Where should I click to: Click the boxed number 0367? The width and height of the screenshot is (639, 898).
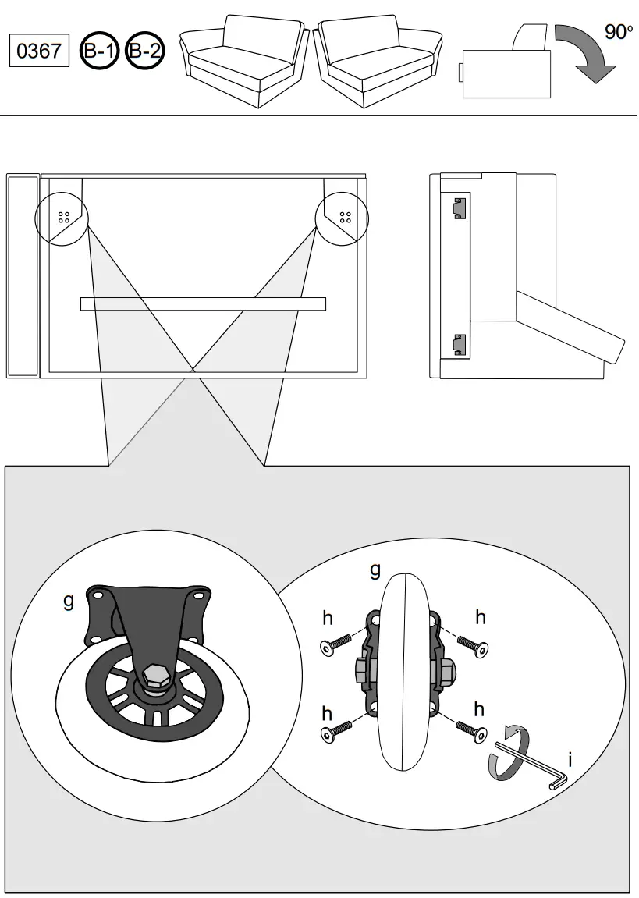click(x=39, y=51)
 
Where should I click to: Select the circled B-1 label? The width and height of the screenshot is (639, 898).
click(x=100, y=51)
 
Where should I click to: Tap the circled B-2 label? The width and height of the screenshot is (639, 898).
click(x=144, y=51)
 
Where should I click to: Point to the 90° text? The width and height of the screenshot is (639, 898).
click(x=618, y=32)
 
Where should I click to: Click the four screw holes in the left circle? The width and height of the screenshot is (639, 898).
click(x=64, y=216)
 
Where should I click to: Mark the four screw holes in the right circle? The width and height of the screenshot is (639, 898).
click(x=344, y=216)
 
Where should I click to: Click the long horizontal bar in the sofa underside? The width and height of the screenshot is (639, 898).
click(x=203, y=303)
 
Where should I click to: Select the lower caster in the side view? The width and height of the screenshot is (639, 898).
click(x=459, y=343)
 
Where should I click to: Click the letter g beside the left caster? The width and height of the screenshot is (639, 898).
click(x=69, y=601)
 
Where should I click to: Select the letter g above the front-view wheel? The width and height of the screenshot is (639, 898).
click(x=375, y=570)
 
